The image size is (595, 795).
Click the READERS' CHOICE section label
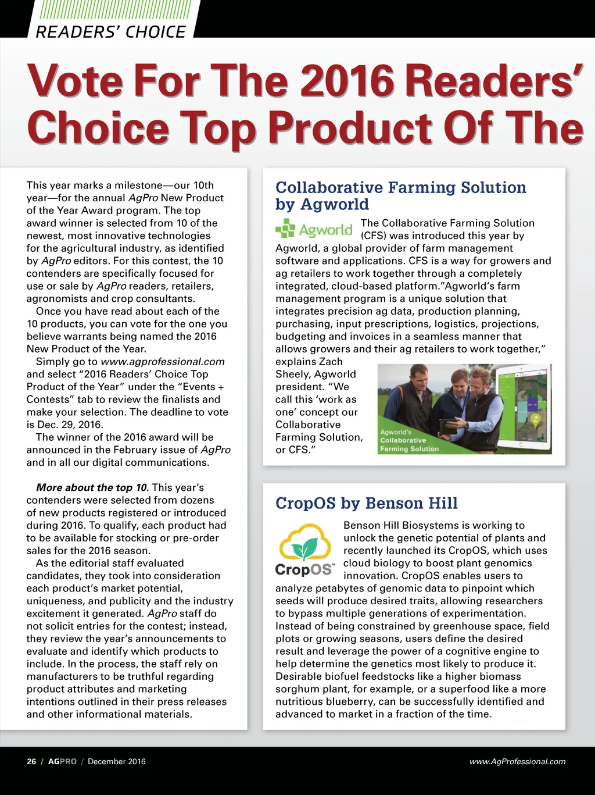click(110, 31)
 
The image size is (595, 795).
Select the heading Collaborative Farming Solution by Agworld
click(400, 195)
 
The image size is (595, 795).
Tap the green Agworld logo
click(314, 229)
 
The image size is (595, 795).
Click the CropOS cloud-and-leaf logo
click(305, 550)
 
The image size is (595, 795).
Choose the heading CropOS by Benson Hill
click(366, 503)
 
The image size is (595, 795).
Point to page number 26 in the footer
click(31, 761)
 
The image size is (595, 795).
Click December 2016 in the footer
click(117, 761)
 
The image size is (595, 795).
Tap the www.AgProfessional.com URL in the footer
click(517, 761)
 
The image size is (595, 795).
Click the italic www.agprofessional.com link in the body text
click(163, 362)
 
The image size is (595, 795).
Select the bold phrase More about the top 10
click(92, 487)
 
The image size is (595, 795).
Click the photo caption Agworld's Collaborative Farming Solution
click(409, 440)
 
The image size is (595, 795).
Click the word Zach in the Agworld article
click(330, 362)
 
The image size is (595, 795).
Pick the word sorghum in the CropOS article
click(296, 689)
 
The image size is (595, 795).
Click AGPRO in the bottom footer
click(62, 761)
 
